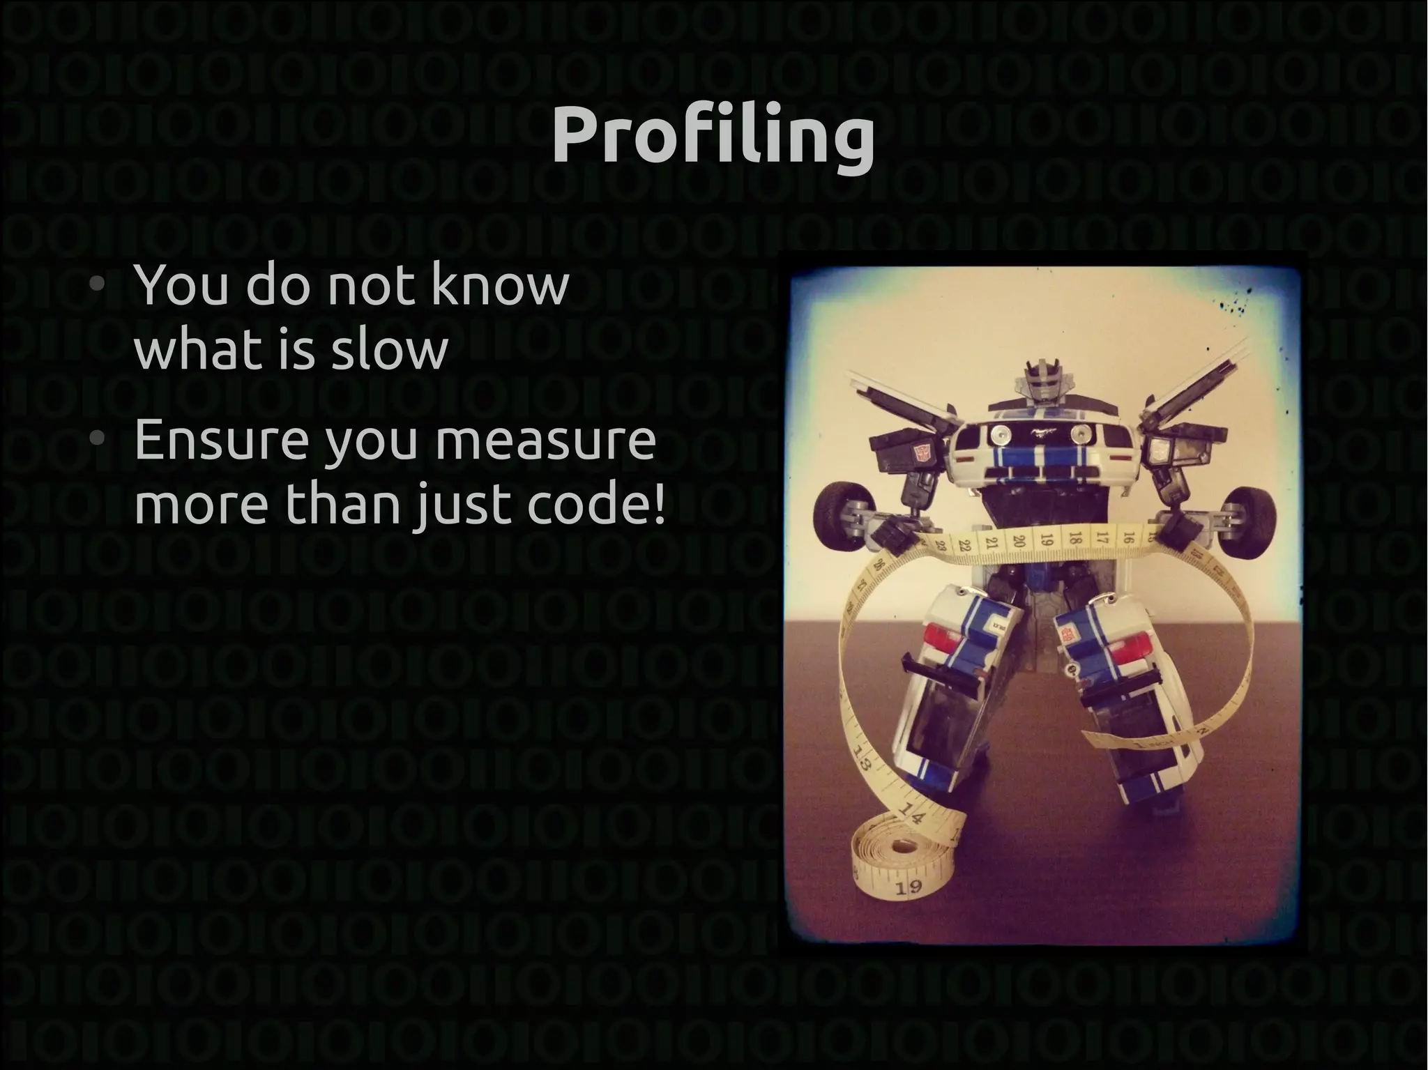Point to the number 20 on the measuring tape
1019,542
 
